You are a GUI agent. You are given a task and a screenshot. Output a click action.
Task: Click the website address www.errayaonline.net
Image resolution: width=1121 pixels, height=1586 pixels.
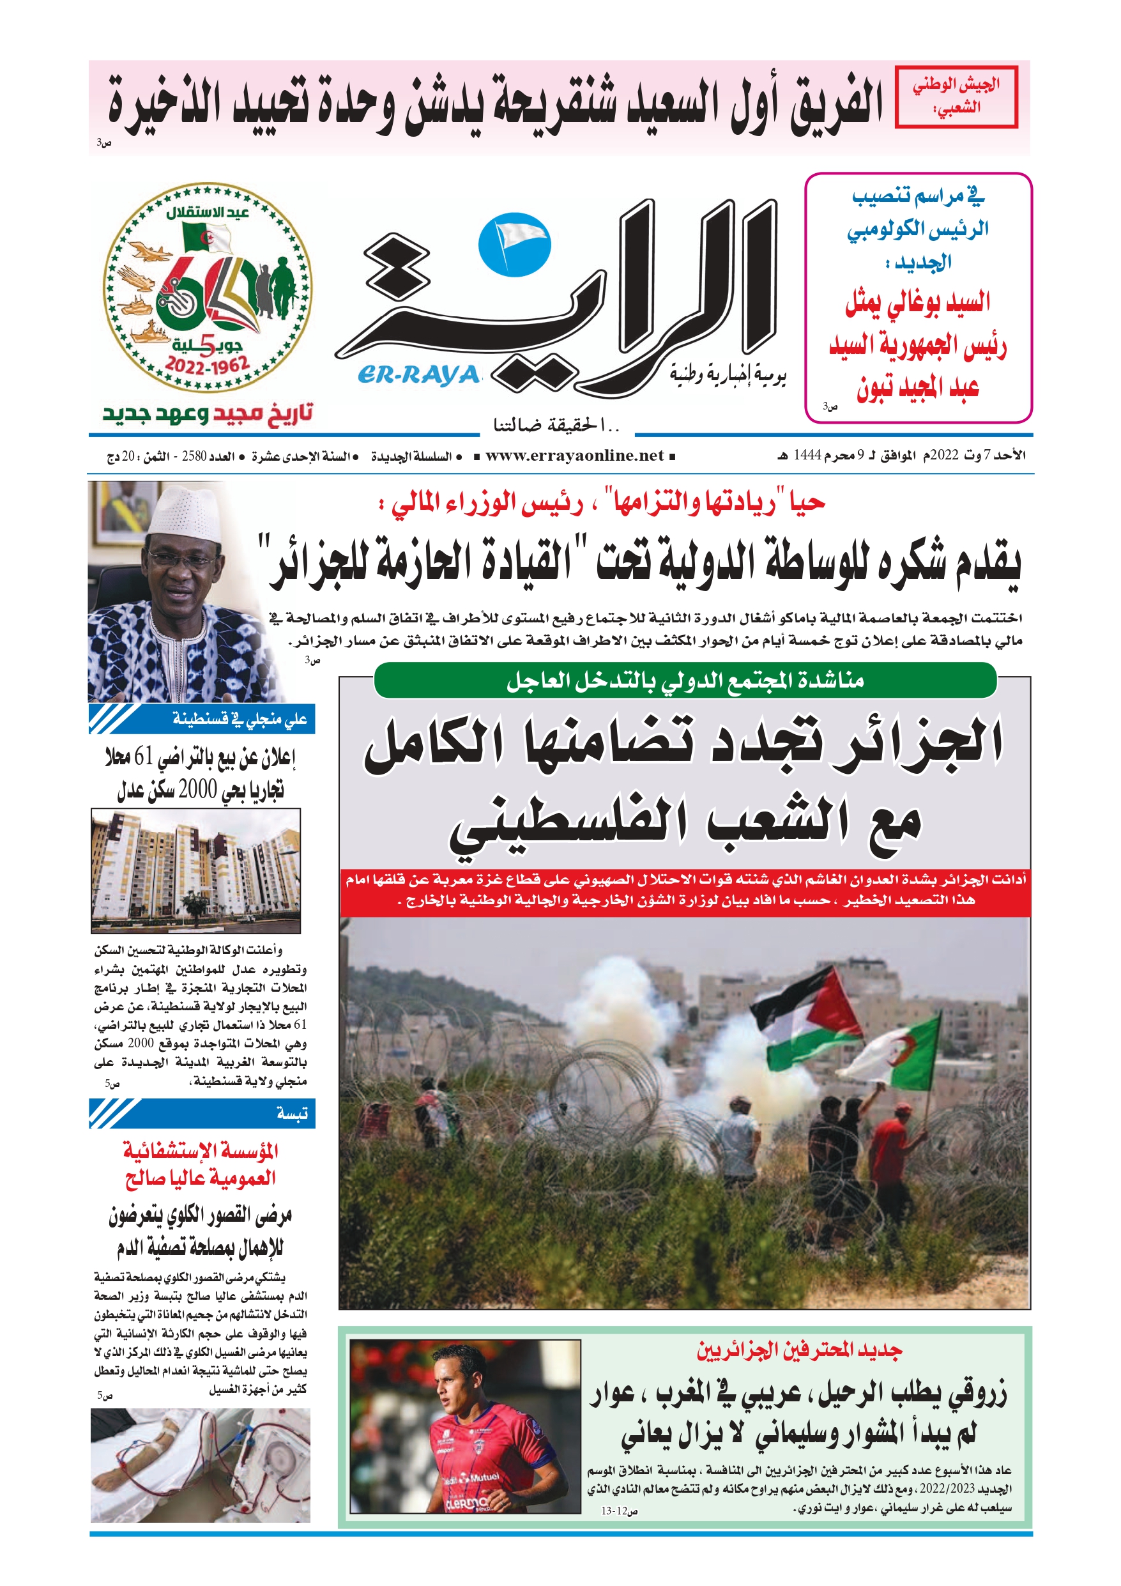[574, 456]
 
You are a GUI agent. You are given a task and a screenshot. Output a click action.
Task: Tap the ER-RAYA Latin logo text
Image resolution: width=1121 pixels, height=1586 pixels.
[418, 375]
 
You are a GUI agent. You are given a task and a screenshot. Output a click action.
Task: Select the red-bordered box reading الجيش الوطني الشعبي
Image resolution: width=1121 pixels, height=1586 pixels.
[956, 96]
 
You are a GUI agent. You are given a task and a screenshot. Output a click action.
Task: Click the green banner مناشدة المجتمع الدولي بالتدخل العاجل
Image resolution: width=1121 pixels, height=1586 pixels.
[685, 681]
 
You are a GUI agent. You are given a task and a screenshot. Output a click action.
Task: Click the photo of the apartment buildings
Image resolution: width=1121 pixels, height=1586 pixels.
[196, 870]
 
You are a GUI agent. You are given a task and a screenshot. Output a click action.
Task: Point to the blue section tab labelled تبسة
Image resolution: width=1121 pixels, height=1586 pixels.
[202, 1113]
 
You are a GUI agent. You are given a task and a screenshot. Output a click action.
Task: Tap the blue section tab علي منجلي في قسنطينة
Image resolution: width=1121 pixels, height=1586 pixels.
[202, 719]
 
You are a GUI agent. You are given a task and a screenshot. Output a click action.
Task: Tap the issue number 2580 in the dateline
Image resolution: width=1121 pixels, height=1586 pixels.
[194, 457]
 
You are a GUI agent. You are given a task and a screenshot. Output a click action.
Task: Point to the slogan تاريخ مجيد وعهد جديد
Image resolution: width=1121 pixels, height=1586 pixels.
[207, 414]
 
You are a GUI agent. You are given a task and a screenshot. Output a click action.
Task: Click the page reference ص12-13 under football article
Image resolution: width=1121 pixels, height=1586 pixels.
[619, 1511]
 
